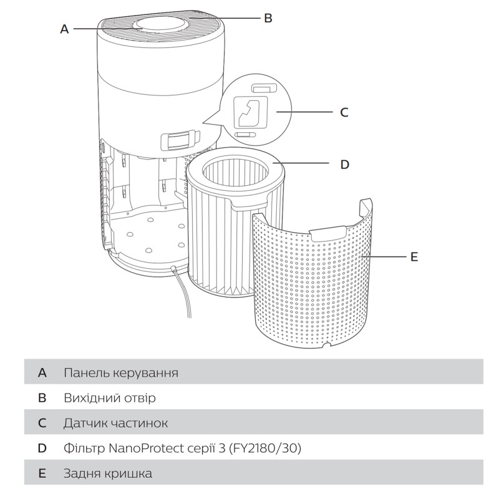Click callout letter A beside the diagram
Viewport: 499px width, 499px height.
[64, 29]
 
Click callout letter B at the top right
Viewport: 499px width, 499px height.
[268, 18]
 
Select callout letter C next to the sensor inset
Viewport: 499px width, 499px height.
[344, 112]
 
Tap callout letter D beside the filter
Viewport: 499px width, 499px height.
[344, 165]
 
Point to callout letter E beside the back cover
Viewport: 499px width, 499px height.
[414, 256]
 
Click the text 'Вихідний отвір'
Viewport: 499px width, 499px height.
[109, 398]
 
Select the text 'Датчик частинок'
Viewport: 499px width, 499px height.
[115, 423]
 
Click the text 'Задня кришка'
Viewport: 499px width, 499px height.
[107, 473]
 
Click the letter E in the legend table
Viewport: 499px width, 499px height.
[42, 473]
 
